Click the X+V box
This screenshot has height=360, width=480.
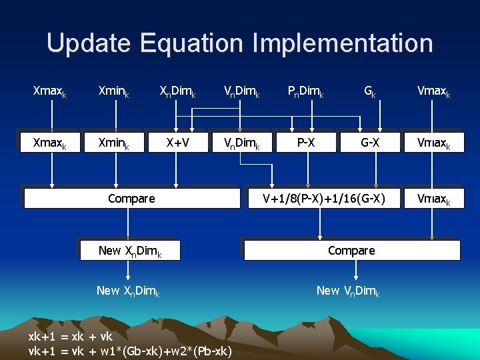(x=177, y=142)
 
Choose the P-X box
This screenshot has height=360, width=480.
(x=306, y=142)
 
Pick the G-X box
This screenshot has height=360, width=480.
(x=370, y=142)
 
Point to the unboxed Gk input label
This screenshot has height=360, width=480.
(x=369, y=90)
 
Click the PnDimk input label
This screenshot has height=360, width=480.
(x=305, y=90)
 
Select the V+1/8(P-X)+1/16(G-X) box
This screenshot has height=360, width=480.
(x=323, y=198)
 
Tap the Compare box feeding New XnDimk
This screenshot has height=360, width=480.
(x=131, y=198)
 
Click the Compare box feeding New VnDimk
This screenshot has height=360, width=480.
(x=351, y=251)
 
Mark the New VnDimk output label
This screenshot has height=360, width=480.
(x=348, y=291)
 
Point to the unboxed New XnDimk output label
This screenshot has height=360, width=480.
(x=128, y=291)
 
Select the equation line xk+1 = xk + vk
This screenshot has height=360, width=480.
(x=71, y=337)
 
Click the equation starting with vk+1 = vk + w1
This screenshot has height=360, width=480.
(x=130, y=351)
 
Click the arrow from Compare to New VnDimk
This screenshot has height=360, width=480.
(x=356, y=270)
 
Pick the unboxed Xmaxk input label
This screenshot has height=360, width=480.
(x=50, y=90)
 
